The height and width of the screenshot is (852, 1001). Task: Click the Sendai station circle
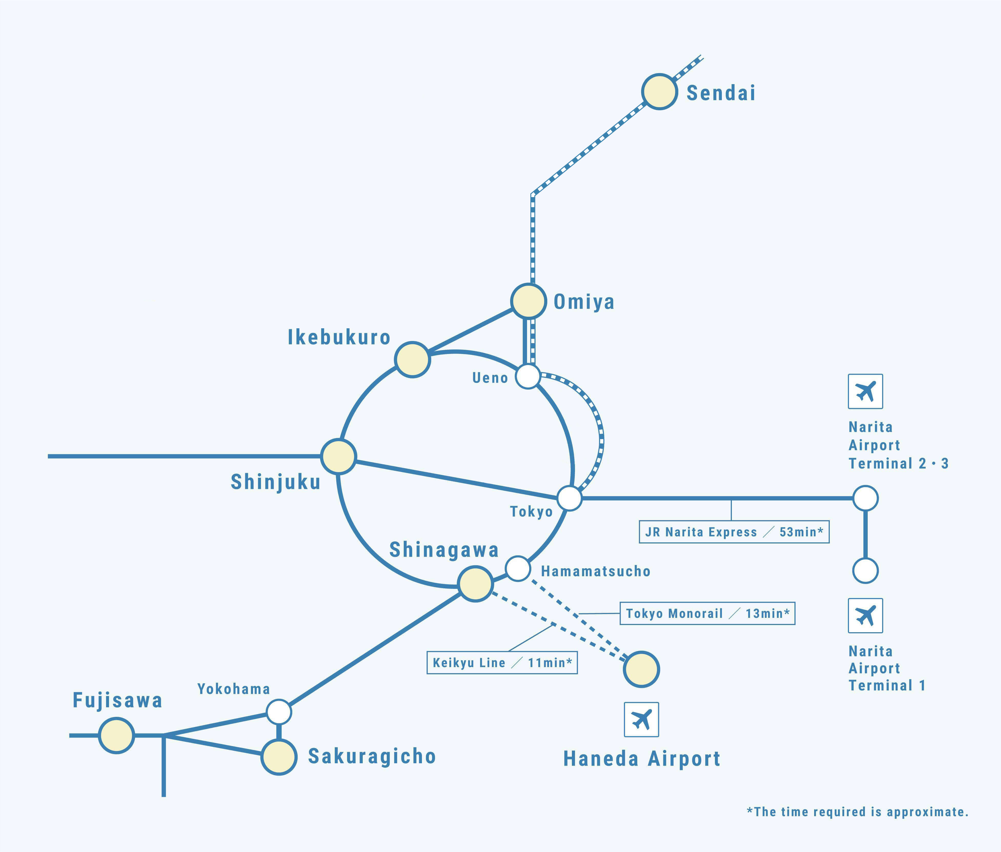tap(659, 92)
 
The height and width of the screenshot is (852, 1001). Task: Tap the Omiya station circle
tap(529, 301)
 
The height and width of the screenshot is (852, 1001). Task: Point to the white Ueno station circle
tap(528, 376)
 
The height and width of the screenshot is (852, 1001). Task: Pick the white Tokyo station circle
tap(570, 498)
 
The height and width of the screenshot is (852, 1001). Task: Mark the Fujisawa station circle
tap(116, 735)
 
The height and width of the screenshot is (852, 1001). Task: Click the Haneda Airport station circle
tap(641, 669)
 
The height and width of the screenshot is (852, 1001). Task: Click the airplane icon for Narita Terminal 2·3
tap(865, 391)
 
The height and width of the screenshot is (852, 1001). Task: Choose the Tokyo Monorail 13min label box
tap(707, 613)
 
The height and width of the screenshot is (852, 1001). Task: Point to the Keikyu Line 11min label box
tap(502, 663)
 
